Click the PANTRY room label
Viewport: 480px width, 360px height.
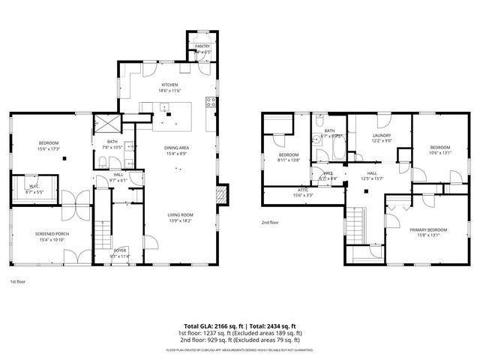point(202,46)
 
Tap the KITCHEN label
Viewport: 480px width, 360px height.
point(169,85)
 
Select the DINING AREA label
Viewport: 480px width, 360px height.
point(177,148)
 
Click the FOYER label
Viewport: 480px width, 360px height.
point(120,251)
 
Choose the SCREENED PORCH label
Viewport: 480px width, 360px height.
point(52,234)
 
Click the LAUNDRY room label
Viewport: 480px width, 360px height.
point(382,135)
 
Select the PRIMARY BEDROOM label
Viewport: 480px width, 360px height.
point(428,229)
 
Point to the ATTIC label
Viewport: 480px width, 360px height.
point(303,190)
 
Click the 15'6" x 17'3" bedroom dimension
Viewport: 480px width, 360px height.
point(49,148)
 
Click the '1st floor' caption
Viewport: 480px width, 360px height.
point(19,282)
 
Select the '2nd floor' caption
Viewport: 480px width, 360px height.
point(270,223)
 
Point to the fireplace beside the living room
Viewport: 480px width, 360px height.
point(219,195)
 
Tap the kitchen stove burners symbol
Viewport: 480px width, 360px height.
point(212,103)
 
